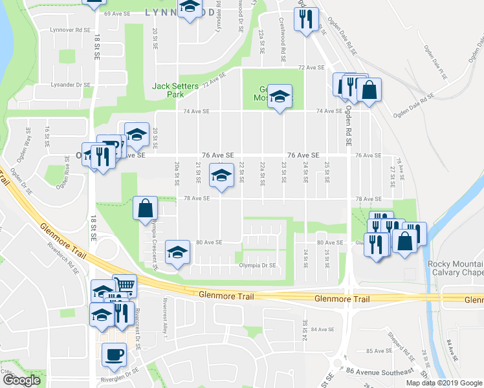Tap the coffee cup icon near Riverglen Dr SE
click(x=114, y=355)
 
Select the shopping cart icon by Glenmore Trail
click(x=124, y=285)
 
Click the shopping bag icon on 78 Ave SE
click(x=146, y=208)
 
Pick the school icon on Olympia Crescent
click(x=178, y=252)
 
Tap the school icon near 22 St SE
click(x=221, y=175)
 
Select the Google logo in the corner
click(x=21, y=380)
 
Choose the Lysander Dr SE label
click(x=71, y=85)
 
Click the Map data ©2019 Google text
click(x=443, y=383)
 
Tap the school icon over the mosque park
click(x=280, y=97)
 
